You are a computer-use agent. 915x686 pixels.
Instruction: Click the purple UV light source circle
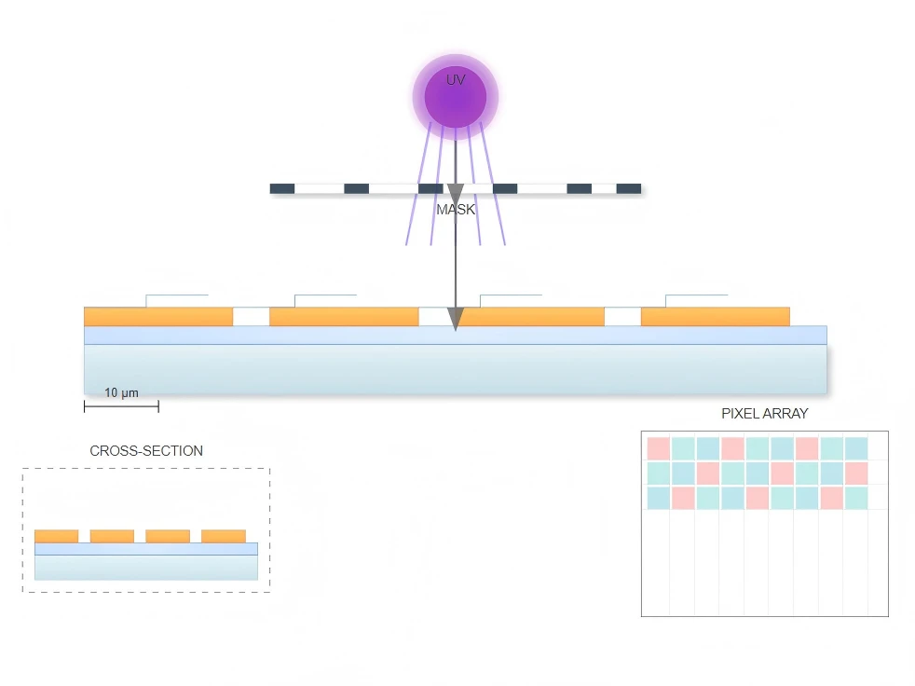[455, 97]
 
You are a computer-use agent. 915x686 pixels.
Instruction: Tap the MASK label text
[456, 210]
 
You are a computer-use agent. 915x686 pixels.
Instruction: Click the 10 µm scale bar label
[121, 393]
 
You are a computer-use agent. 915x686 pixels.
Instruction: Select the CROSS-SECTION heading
[146, 451]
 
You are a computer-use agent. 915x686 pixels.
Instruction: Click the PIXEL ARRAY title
[764, 413]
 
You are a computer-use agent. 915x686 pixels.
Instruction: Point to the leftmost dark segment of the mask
[281, 188]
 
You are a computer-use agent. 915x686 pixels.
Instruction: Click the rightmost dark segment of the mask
[628, 188]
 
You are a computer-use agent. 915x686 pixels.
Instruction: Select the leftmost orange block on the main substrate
[158, 316]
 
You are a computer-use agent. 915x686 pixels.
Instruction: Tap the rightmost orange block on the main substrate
[716, 316]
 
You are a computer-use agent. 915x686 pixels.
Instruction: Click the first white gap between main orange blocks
[251, 316]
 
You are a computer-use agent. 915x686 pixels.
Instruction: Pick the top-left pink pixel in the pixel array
[658, 448]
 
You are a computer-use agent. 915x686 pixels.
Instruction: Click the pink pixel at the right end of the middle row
[856, 473]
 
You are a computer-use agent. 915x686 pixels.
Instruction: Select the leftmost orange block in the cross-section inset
[56, 536]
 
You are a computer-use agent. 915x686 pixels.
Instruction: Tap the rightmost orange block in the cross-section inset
[224, 536]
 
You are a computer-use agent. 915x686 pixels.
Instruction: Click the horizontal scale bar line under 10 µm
[121, 405]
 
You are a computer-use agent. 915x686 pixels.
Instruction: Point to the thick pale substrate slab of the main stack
[455, 369]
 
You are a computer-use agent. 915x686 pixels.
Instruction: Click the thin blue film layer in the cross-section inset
[146, 549]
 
